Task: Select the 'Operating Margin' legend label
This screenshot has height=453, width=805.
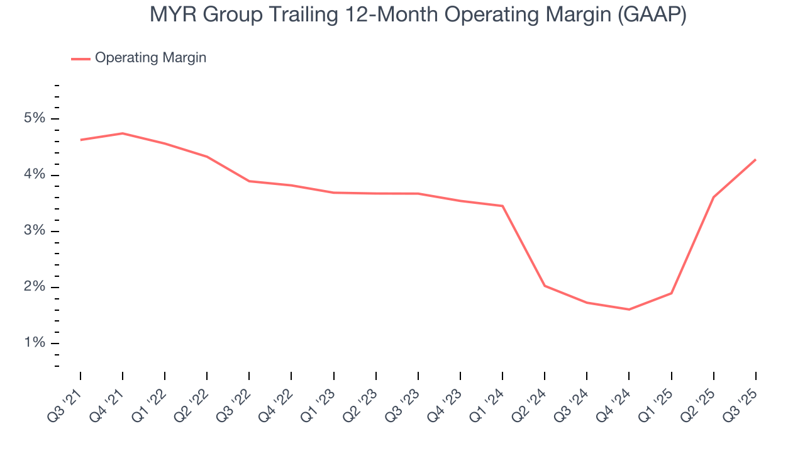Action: tap(150, 58)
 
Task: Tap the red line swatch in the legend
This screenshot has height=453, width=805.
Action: tap(80, 59)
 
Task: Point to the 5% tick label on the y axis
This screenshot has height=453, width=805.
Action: tap(35, 119)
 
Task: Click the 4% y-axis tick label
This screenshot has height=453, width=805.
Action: tap(35, 175)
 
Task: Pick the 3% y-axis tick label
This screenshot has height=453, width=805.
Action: tap(35, 231)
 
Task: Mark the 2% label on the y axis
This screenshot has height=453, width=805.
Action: tap(35, 288)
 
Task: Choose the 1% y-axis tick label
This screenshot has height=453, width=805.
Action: tap(35, 344)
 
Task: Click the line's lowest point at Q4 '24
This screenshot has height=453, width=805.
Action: tap(629, 310)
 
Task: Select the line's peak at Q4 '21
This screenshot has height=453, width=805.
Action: tap(123, 133)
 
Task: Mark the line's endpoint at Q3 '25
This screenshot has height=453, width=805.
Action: tap(755, 160)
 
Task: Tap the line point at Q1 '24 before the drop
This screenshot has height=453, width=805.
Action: tap(502, 206)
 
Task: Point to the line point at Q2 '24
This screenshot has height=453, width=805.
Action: tap(545, 286)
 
